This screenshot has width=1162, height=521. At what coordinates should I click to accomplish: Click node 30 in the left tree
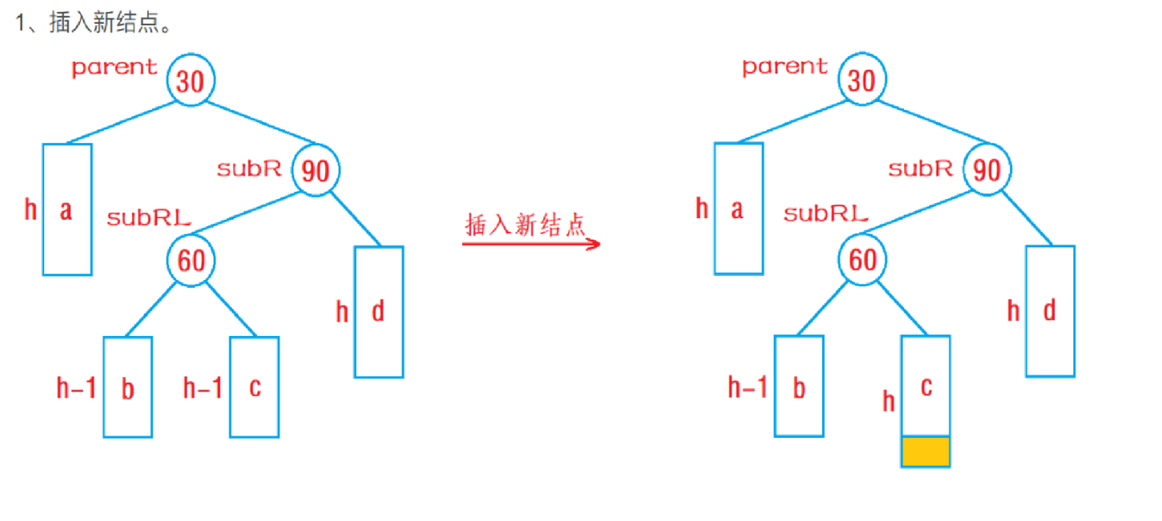[191, 80]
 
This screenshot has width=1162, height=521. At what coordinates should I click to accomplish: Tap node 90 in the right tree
[987, 170]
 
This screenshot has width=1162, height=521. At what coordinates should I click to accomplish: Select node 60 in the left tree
[191, 260]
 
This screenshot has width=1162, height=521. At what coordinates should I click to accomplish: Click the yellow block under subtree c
[925, 451]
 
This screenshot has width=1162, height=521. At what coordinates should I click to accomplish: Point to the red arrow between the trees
[532, 243]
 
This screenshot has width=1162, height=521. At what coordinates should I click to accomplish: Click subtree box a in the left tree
[67, 210]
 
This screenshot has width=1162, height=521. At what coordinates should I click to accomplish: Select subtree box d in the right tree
[1050, 311]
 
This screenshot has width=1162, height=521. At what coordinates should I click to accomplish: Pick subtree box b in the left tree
[127, 387]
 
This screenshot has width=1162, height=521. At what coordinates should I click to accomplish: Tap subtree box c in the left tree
[254, 387]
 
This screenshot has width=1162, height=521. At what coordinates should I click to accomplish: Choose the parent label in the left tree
[115, 67]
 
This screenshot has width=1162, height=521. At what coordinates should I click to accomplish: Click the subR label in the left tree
[249, 168]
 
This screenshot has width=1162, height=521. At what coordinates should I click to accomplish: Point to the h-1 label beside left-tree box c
[202, 388]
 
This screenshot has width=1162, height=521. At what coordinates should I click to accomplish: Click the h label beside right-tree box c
[889, 402]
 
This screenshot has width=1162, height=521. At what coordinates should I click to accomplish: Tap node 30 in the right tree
[861, 80]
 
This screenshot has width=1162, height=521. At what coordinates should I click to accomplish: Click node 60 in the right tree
[862, 260]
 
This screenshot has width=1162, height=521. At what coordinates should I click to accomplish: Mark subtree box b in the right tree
[798, 386]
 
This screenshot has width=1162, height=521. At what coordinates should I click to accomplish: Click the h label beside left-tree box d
[342, 312]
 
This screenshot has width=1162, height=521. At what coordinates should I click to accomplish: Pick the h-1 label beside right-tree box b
[748, 387]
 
